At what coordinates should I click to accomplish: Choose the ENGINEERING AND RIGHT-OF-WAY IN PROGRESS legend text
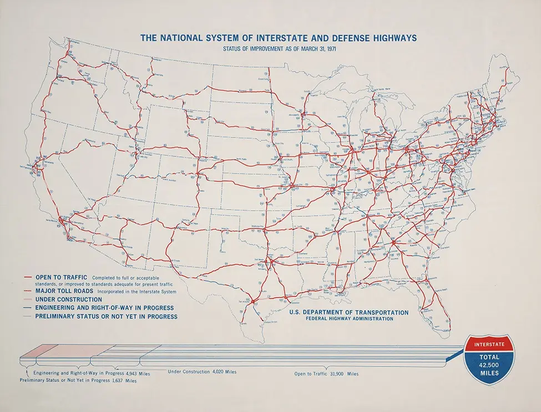click(104, 308)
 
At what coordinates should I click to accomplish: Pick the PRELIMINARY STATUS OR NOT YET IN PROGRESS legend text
click(107, 317)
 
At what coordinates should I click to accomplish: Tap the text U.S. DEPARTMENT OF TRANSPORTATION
click(349, 313)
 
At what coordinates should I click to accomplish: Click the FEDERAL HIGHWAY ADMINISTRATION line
click(349, 319)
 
